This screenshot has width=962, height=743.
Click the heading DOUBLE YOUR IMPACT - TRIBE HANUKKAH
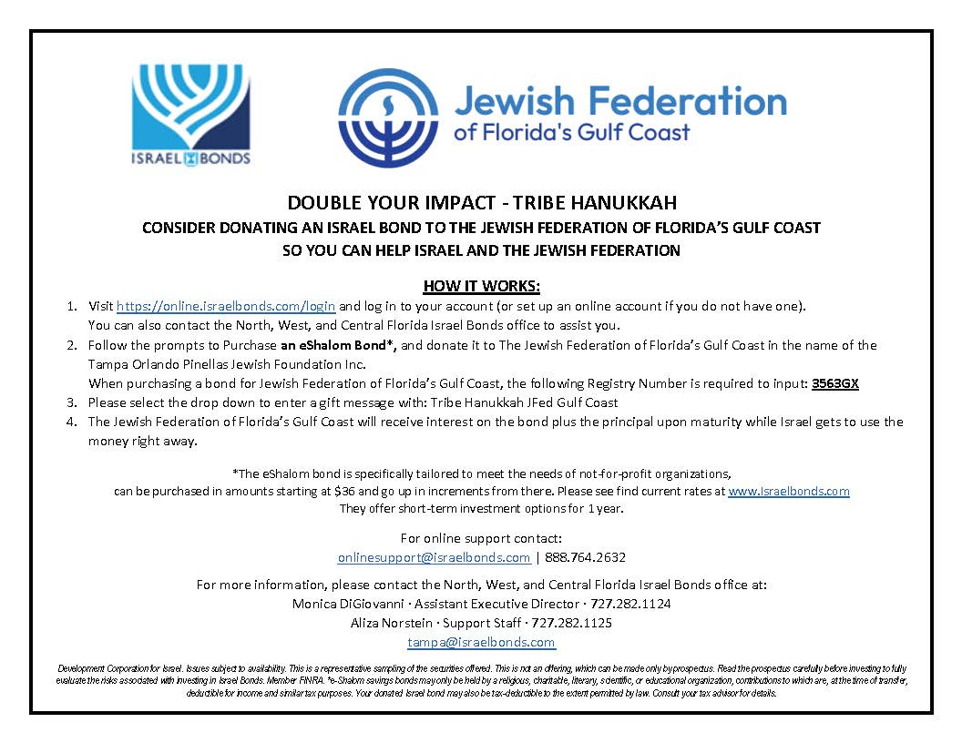pyautogui.click(x=482, y=203)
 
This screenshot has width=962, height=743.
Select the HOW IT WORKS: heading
pyautogui.click(x=481, y=286)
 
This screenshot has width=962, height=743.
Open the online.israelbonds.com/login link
pyautogui.click(x=226, y=306)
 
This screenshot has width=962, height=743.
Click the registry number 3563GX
pyautogui.click(x=835, y=383)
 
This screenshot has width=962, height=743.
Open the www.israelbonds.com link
pyautogui.click(x=788, y=491)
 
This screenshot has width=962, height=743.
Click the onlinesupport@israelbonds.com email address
pyautogui.click(x=434, y=557)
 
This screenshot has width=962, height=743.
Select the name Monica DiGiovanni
pyautogui.click(x=340, y=604)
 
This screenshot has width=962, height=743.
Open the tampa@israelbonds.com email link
pyautogui.click(x=481, y=642)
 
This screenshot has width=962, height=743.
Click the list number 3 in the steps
pyautogui.click(x=71, y=402)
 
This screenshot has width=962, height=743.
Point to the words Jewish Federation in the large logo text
pyautogui.click(x=619, y=100)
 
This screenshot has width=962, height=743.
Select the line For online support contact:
pyautogui.click(x=481, y=538)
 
